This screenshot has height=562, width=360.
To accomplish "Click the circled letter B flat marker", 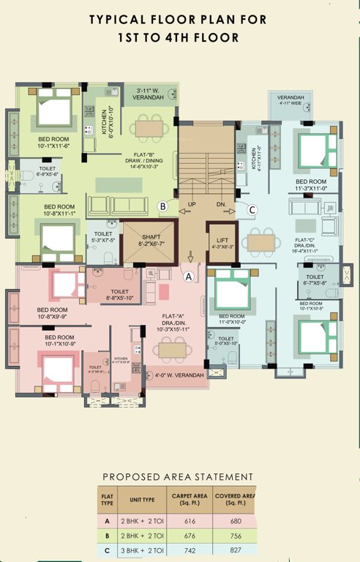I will (x=163, y=207).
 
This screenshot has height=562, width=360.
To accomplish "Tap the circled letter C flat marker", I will (x=252, y=210).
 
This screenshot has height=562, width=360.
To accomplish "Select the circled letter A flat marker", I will (x=188, y=277).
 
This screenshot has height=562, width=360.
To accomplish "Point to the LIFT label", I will (x=223, y=241).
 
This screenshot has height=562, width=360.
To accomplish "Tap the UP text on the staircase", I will (x=192, y=203).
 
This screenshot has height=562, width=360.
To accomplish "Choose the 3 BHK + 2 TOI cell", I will (x=142, y=550).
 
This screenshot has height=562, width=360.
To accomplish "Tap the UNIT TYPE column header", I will (x=142, y=499).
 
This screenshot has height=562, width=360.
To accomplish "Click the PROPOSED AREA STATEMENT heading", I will (x=178, y=476).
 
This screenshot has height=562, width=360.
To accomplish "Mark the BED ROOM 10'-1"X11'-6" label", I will (x=47, y=140).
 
